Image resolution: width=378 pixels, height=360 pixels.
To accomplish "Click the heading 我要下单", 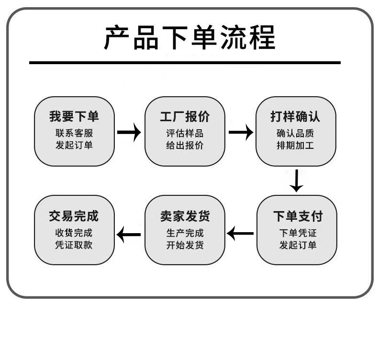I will pos(74,117).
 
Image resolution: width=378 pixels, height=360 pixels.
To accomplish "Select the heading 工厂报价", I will pos(185,117).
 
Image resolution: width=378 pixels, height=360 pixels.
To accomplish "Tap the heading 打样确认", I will pos(295,117).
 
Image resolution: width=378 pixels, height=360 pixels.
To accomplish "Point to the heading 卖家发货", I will pos(185,216).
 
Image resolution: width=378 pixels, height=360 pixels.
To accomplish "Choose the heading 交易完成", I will pos(74,216).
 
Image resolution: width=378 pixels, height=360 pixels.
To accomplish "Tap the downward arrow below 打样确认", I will pos(297,180).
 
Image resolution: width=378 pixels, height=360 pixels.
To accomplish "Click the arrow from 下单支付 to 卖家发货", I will pos(241,234).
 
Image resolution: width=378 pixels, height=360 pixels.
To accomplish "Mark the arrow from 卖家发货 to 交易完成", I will pos(129,235).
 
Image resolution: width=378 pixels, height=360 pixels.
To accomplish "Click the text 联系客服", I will pos(74,133).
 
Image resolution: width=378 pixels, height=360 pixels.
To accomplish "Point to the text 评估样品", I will pos(185,133).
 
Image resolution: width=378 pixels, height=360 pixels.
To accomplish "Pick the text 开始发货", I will pos(185,245).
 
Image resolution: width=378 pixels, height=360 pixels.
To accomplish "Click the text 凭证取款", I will pos(74,245).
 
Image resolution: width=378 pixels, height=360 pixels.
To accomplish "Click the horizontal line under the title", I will pos(185,63).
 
